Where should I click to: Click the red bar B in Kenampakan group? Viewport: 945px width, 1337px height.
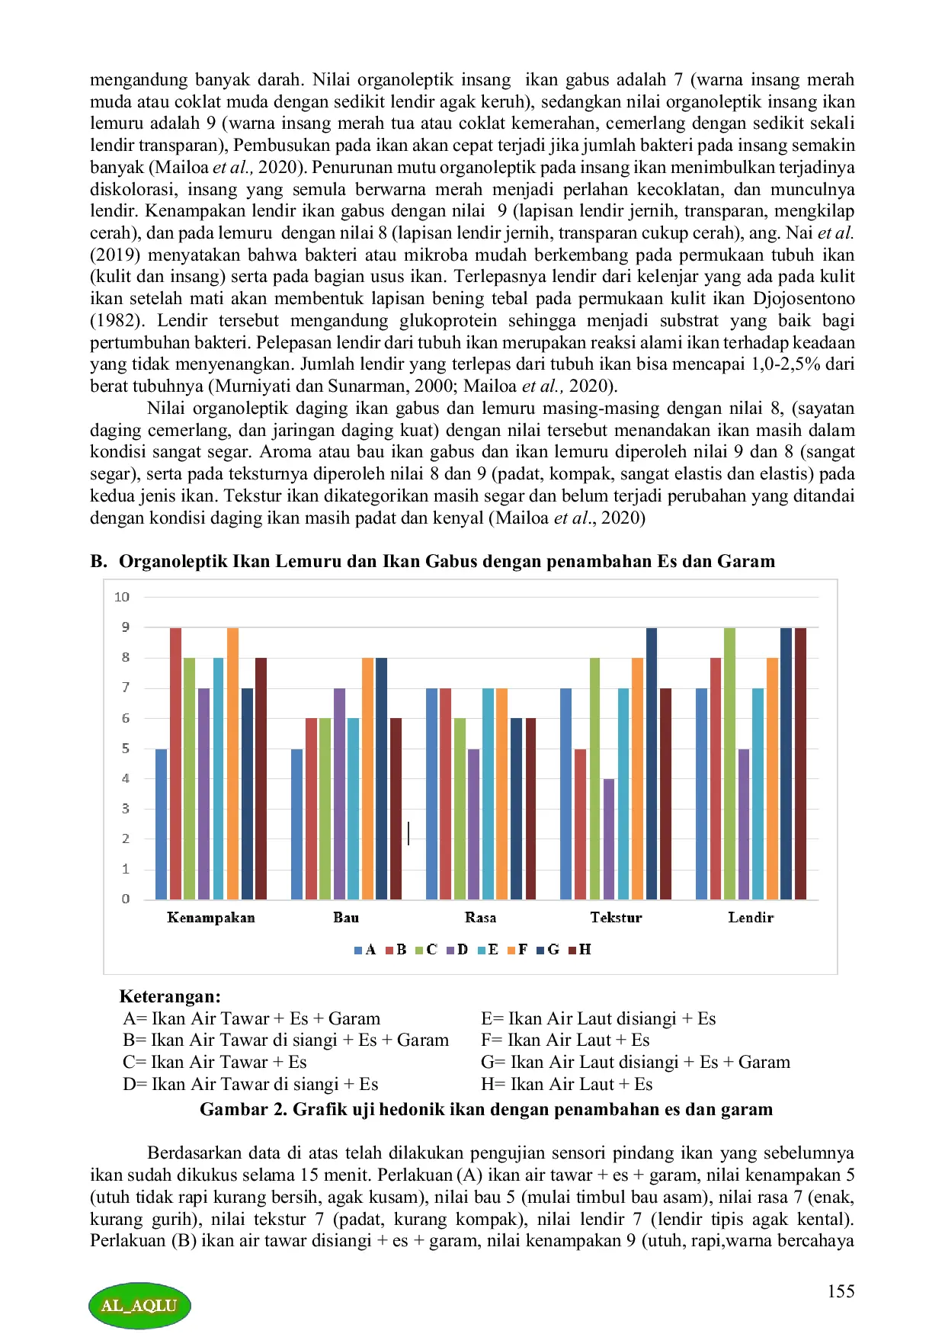pos(175,763)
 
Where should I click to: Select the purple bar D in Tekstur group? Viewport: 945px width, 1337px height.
pos(608,838)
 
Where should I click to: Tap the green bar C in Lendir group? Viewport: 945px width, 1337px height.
pos(729,763)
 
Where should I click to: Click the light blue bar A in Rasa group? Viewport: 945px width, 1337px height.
pos(431,794)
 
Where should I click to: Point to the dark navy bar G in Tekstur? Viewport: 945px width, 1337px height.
pos(652,763)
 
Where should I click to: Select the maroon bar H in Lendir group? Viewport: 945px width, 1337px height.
pos(800,763)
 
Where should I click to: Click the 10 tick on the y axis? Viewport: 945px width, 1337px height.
pos(122,597)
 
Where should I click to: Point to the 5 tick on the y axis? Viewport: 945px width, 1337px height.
pos(126,749)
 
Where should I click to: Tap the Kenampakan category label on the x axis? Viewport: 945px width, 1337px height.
pos(211,918)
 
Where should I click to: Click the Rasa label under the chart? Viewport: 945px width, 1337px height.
pos(480,918)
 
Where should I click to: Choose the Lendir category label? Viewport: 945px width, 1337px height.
pos(751,918)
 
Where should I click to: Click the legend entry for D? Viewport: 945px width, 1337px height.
pos(457,950)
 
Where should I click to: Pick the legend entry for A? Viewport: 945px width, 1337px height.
pos(366,950)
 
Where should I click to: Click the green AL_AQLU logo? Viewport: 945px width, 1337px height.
pos(139,1305)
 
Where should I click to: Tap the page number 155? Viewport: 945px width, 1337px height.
pos(841,1291)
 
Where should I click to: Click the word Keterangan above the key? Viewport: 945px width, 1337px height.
pos(170,996)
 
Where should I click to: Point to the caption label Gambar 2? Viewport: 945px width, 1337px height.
pos(243,1109)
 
